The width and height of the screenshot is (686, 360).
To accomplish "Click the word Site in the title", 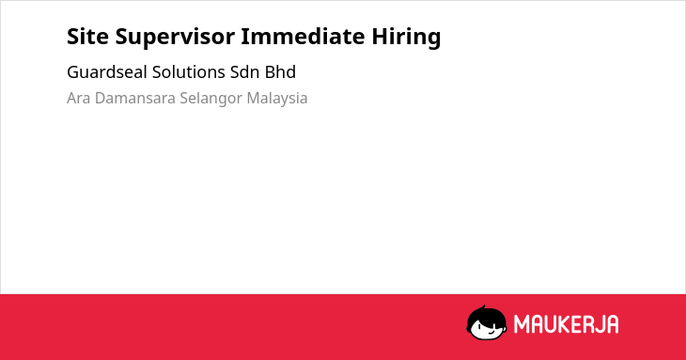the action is tap(87, 36).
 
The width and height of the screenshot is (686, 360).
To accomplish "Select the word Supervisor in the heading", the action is tap(175, 38).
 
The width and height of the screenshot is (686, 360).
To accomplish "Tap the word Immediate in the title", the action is tap(303, 36).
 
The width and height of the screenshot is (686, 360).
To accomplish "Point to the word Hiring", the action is tap(406, 38).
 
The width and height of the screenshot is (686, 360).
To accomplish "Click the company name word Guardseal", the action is tap(107, 72).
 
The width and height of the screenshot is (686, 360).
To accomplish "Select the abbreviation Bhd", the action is tap(280, 72).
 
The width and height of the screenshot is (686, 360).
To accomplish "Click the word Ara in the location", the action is tap(78, 98).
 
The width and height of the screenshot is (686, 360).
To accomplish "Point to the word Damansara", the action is tap(135, 98).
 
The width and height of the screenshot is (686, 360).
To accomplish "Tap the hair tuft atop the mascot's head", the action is tap(483, 307).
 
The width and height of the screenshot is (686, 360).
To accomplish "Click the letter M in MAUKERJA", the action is tap(522, 324).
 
